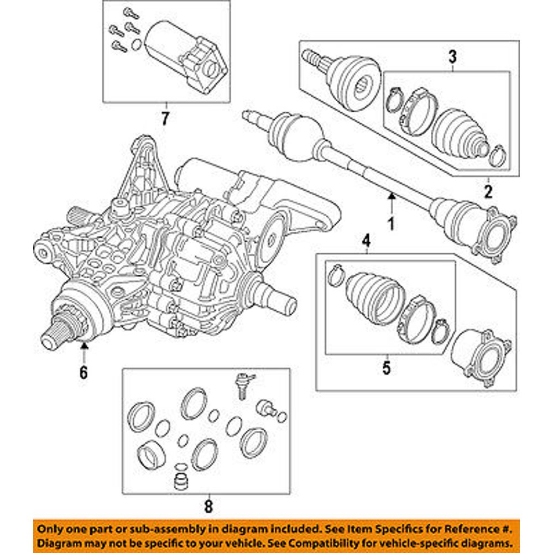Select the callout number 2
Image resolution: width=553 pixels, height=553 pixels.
[488, 192]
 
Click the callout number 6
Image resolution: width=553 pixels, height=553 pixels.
[84, 373]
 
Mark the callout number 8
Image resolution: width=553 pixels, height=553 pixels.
[207, 505]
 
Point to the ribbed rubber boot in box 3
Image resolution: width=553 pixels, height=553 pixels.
[457, 133]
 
